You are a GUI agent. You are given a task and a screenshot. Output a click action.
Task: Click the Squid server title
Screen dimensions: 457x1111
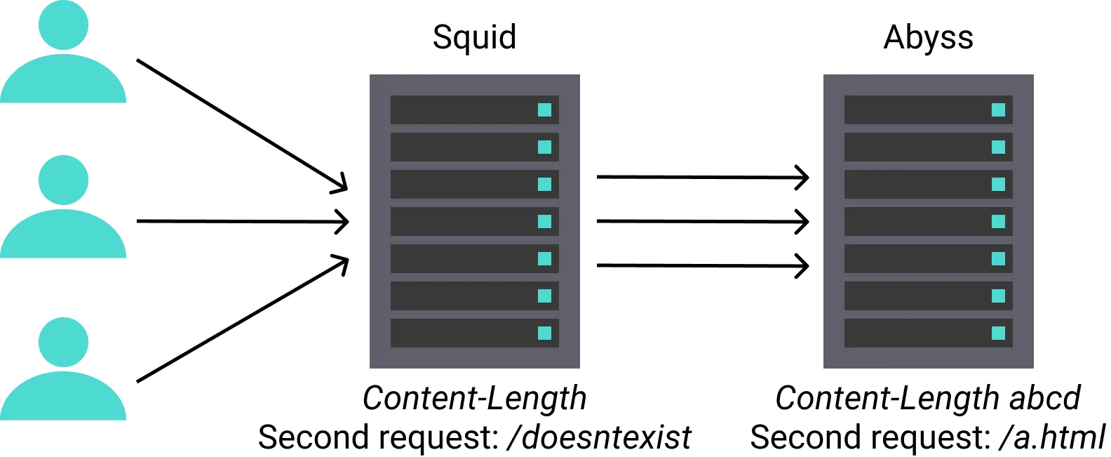474,37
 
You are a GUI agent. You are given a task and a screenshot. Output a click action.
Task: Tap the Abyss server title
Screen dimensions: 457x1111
928,37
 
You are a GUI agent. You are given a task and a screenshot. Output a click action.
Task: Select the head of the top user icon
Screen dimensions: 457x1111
63,25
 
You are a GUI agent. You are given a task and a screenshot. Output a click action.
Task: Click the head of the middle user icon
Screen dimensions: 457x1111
63,180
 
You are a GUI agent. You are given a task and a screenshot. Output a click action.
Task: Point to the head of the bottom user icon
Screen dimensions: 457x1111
63,342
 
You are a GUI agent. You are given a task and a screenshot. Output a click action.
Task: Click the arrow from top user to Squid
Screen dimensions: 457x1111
242,125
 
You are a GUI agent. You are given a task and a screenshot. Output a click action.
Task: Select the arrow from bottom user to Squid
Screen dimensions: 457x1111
242,320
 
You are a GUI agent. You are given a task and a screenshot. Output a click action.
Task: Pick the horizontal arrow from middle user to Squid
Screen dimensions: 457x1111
242,222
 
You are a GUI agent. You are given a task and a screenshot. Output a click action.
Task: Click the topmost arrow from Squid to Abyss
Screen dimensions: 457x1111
701,178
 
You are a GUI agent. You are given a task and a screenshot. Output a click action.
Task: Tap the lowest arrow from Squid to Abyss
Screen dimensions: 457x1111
701,266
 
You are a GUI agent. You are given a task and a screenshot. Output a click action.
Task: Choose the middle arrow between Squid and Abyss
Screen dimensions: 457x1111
701,222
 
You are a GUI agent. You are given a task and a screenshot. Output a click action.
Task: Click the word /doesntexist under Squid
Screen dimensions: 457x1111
600,437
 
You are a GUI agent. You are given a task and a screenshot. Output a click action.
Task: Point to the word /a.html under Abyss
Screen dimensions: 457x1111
1052,437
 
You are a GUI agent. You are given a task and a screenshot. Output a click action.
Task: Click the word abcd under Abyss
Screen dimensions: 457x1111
1044,398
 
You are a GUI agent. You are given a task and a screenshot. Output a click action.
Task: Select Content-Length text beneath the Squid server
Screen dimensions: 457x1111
474,398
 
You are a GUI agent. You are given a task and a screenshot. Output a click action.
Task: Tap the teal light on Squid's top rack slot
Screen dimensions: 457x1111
544,110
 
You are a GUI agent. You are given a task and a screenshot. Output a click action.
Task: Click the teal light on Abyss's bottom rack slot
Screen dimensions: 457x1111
998,333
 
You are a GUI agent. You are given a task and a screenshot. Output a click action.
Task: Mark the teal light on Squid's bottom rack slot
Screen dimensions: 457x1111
544,333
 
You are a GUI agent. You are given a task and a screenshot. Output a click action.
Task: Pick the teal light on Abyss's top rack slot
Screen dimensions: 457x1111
998,110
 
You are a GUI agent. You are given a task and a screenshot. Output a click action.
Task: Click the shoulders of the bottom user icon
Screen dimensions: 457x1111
63,400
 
